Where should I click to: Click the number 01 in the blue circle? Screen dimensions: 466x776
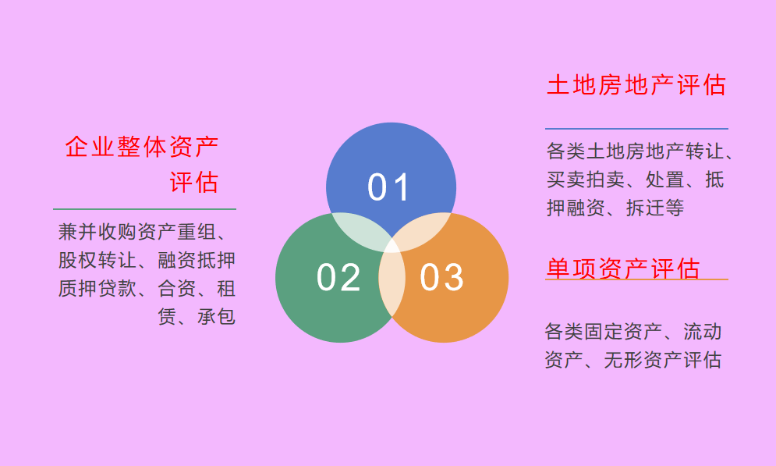389,188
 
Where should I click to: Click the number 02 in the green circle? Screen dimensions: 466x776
338,278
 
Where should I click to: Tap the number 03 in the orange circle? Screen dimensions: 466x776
441,278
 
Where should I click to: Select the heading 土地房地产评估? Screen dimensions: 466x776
636,85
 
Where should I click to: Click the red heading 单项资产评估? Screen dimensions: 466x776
622,269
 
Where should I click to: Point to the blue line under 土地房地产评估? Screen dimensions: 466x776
636,129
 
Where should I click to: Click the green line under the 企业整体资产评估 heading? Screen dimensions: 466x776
144,209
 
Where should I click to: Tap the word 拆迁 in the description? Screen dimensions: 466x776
645,208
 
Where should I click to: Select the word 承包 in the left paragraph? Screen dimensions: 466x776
216,317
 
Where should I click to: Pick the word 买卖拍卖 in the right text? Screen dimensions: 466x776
585,180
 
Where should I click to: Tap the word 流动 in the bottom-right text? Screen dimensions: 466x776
703,332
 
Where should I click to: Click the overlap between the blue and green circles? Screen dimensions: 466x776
360,231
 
